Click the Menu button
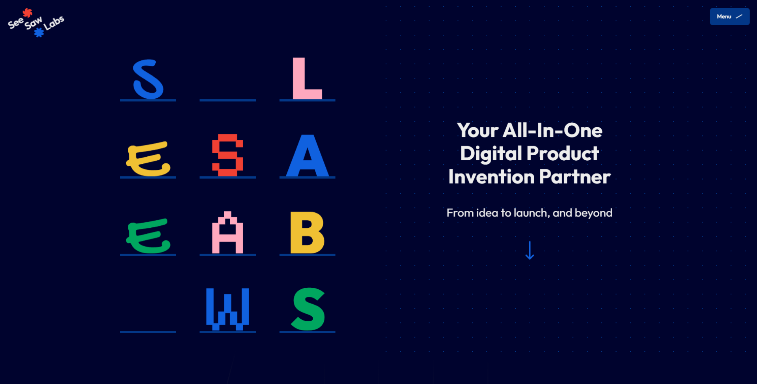729,17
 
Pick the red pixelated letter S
227,155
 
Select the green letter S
308,309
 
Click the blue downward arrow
530,250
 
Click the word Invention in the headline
491,176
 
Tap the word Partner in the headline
575,177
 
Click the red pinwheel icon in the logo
27,13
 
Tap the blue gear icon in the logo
39,32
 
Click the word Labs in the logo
54,23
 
